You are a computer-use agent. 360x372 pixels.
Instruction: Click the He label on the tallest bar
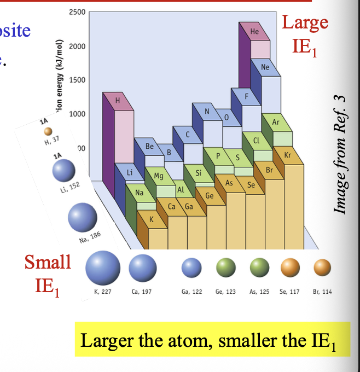(x=254, y=32)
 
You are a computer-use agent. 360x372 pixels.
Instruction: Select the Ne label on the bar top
(x=265, y=67)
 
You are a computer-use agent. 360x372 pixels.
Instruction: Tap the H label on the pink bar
(x=117, y=100)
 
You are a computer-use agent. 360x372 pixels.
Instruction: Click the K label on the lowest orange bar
(x=152, y=219)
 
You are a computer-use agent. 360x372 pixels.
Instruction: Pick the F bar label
(x=247, y=96)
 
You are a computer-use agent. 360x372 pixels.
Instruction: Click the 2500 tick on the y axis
(x=77, y=13)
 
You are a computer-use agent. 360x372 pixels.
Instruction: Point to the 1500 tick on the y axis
(x=77, y=80)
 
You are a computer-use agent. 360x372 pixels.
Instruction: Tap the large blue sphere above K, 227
(x=103, y=268)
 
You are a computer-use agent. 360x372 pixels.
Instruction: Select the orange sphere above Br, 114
(x=322, y=267)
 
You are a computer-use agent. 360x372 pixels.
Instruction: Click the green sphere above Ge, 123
(x=225, y=267)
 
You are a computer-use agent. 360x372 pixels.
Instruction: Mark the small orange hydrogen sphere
(x=48, y=131)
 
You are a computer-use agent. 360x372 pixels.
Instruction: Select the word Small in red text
(x=48, y=262)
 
